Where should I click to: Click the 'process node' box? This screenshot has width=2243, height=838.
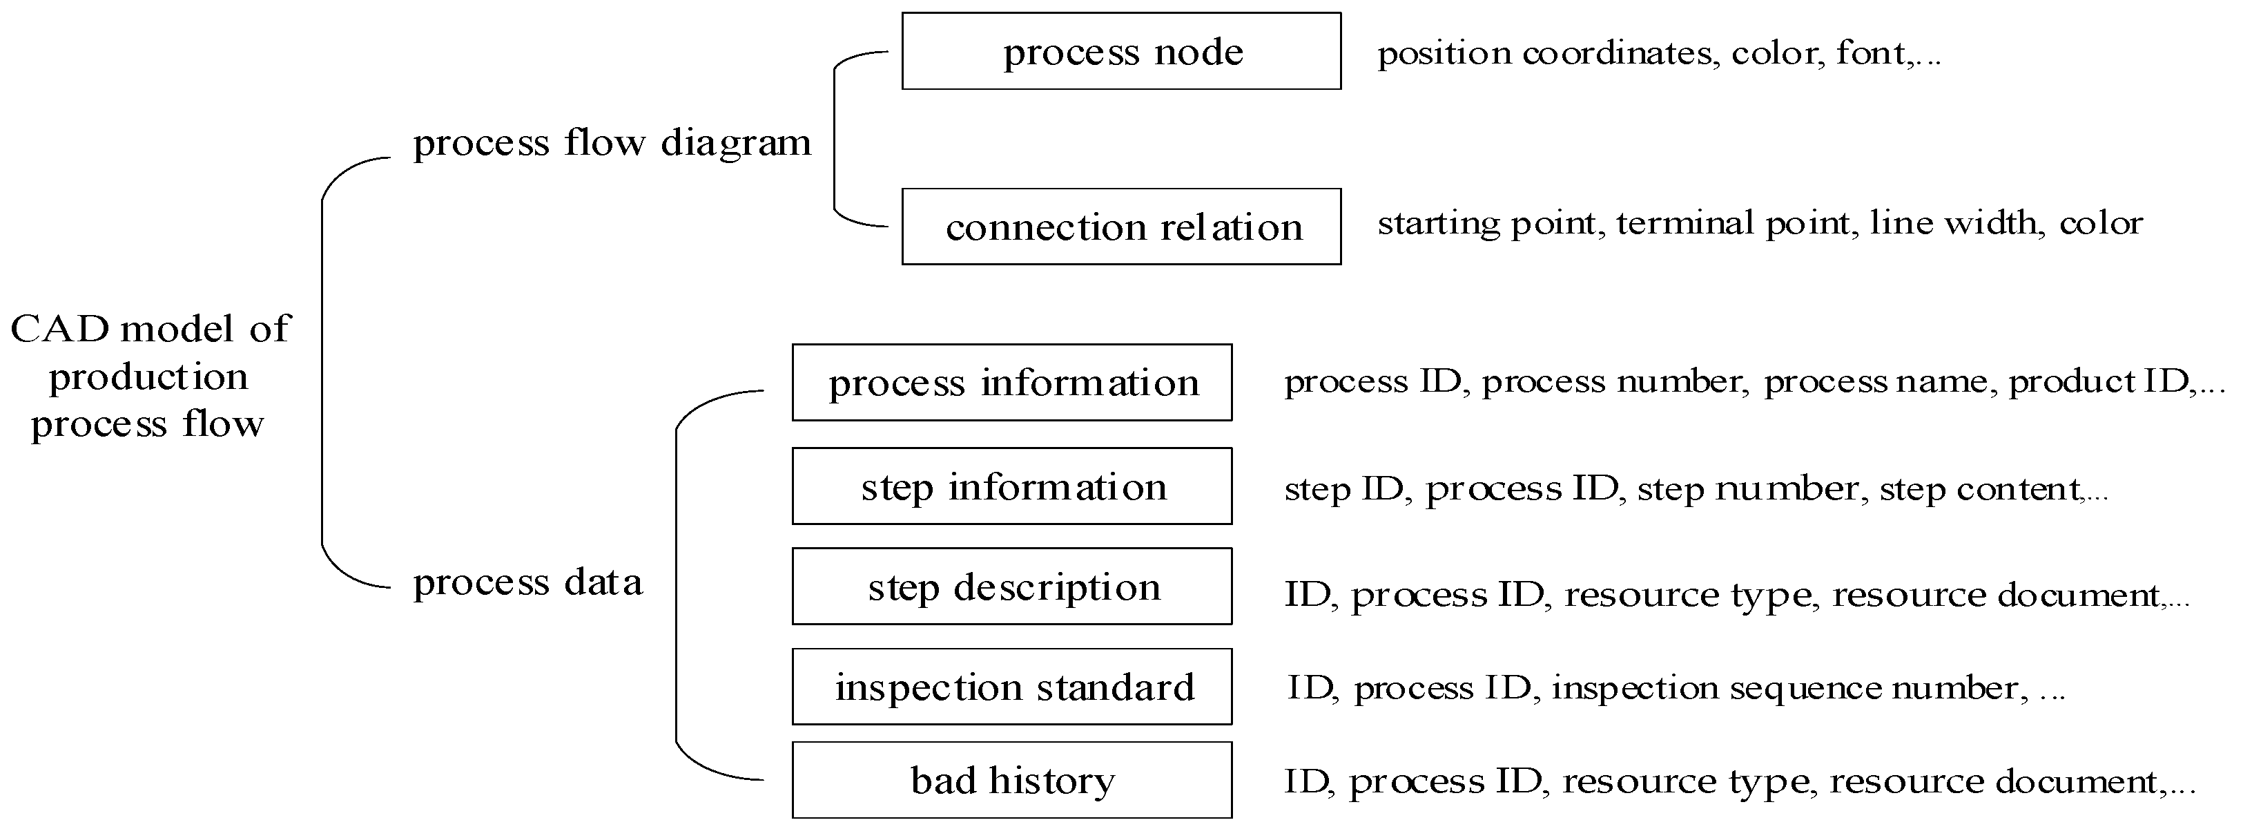click(x=1120, y=51)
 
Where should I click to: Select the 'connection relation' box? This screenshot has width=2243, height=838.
click(x=1120, y=227)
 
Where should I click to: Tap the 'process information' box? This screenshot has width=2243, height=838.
click(x=1012, y=383)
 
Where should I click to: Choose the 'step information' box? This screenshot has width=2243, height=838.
click(x=1012, y=486)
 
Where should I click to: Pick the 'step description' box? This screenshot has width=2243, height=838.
click(x=1012, y=587)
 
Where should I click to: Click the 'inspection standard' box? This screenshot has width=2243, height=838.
click(x=1012, y=687)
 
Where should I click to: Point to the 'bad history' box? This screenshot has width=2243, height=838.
click(x=1012, y=780)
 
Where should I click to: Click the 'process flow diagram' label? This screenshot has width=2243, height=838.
click(x=611, y=142)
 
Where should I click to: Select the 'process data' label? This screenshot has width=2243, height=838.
click(x=527, y=582)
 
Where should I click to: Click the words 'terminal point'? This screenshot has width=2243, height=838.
click(x=1733, y=223)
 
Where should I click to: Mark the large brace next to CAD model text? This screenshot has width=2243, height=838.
click(x=323, y=373)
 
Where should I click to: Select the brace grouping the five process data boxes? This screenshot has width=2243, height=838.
click(x=677, y=584)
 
